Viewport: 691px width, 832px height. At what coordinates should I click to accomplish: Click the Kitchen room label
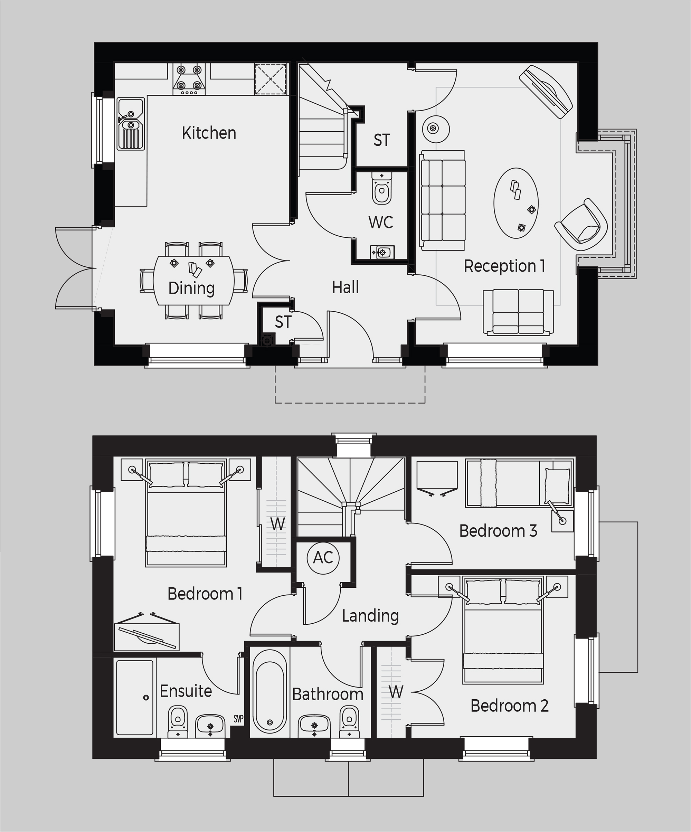click(209, 133)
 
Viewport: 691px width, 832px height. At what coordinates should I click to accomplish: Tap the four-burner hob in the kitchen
click(189, 79)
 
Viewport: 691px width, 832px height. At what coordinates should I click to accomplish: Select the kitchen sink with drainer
click(131, 124)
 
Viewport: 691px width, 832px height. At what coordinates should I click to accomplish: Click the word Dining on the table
click(191, 289)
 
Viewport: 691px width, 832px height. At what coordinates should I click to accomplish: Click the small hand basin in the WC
click(382, 252)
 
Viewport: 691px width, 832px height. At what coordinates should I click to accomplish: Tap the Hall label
click(345, 287)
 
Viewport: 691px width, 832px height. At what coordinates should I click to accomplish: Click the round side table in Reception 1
click(435, 129)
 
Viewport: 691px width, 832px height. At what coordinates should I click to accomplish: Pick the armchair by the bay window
click(581, 225)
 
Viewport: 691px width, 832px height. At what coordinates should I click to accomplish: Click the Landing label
click(370, 616)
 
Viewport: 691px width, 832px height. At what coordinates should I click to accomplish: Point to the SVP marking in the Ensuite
click(238, 719)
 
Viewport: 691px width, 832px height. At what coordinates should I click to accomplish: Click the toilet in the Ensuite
click(178, 721)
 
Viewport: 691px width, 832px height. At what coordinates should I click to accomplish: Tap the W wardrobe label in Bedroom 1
click(277, 524)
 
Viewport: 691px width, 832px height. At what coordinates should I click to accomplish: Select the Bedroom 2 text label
click(510, 706)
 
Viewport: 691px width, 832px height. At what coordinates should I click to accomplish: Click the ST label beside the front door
click(283, 322)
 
